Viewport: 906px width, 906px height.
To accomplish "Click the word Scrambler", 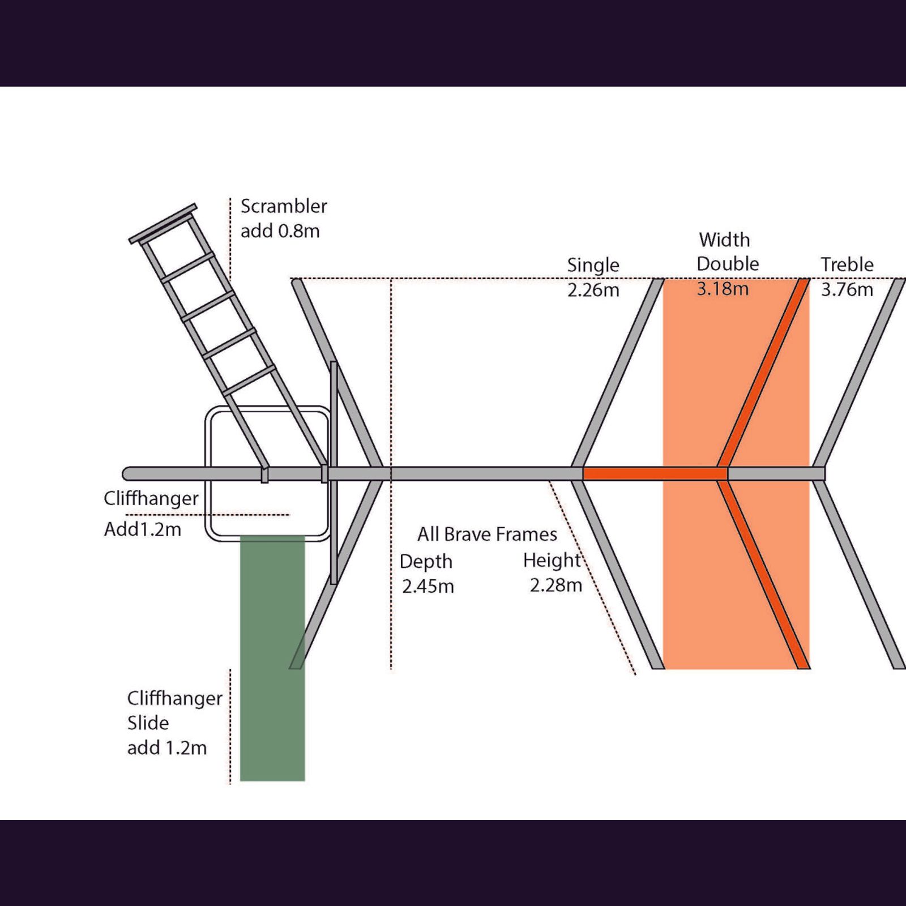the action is (284, 206).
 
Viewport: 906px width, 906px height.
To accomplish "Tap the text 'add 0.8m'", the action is (280, 231).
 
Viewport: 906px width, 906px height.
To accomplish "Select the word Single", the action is (593, 265).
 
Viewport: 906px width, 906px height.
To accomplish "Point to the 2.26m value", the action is (593, 290).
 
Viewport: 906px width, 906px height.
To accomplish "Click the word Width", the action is (724, 240).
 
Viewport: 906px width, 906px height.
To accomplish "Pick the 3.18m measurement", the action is (723, 289).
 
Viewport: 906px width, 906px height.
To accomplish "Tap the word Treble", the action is (847, 264).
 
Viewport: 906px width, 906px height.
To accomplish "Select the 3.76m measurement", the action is (847, 289).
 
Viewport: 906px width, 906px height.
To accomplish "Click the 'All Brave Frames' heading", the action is (487, 534).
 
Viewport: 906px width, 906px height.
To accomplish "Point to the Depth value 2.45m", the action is (428, 586).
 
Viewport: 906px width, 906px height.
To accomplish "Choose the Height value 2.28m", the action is (556, 585).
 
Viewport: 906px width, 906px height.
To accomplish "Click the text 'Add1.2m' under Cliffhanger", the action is (143, 529).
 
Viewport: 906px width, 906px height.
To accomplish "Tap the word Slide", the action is (148, 723).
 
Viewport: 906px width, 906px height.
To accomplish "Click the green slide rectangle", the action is (272, 659).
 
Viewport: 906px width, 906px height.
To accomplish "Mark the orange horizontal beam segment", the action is (655, 473).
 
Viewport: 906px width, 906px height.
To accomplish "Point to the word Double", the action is (728, 264).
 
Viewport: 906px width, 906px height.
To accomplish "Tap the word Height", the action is (552, 561).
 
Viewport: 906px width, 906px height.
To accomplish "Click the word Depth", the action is (426, 562).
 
